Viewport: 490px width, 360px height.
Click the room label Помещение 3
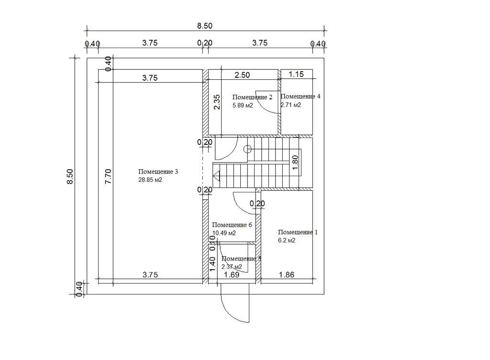click(158, 172)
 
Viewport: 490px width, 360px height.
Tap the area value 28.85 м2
click(151, 180)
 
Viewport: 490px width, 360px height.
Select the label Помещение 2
click(252, 98)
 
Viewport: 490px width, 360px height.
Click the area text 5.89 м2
click(243, 106)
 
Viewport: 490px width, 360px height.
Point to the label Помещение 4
click(301, 97)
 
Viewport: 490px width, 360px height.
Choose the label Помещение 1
click(298, 232)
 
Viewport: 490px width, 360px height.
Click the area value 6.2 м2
click(287, 241)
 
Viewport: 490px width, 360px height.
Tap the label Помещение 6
click(232, 225)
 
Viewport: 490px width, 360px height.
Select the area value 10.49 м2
click(224, 233)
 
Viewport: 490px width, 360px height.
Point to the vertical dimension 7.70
click(108, 176)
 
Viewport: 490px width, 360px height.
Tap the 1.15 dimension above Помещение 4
click(296, 75)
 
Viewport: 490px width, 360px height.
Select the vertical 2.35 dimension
click(217, 102)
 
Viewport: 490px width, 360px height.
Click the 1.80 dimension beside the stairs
click(295, 163)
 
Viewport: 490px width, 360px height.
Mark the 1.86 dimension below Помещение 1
click(286, 275)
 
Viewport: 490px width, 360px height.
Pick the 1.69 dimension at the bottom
click(232, 275)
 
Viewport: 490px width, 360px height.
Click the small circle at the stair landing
click(248, 149)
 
